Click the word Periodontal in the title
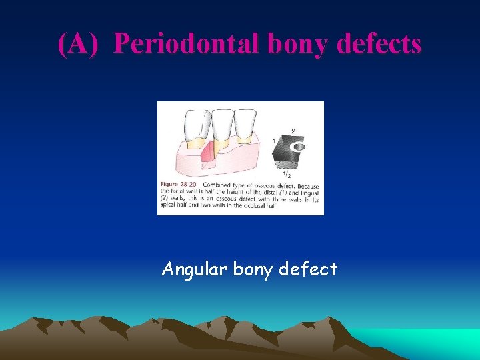pyautogui.click(x=185, y=44)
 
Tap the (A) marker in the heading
pyautogui.click(x=79, y=44)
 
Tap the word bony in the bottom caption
pyautogui.click(x=253, y=269)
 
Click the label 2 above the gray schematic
pyautogui.click(x=293, y=131)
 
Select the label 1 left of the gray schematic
pyautogui.click(x=273, y=141)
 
